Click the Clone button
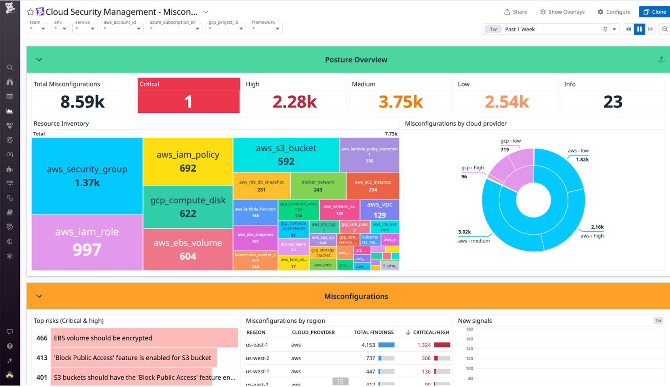tap(655, 12)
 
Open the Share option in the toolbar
tap(515, 12)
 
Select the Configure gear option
tap(614, 12)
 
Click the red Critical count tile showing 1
tap(188, 101)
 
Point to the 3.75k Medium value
tap(400, 102)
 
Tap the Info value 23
tap(613, 102)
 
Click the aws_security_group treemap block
tap(87, 176)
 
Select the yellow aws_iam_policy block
tap(188, 161)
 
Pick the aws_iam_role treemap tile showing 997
tap(87, 242)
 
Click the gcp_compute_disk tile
tap(188, 207)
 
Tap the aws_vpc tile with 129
tap(379, 210)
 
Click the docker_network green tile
tap(318, 186)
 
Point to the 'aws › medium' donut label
tap(474, 241)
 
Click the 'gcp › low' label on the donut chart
tap(511, 141)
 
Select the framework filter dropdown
tap(265, 28)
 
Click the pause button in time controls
tap(639, 29)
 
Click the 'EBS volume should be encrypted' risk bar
tap(144, 338)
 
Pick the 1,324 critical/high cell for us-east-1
tap(424, 345)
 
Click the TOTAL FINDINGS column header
tap(373, 333)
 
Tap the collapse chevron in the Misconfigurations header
tap(39, 296)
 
